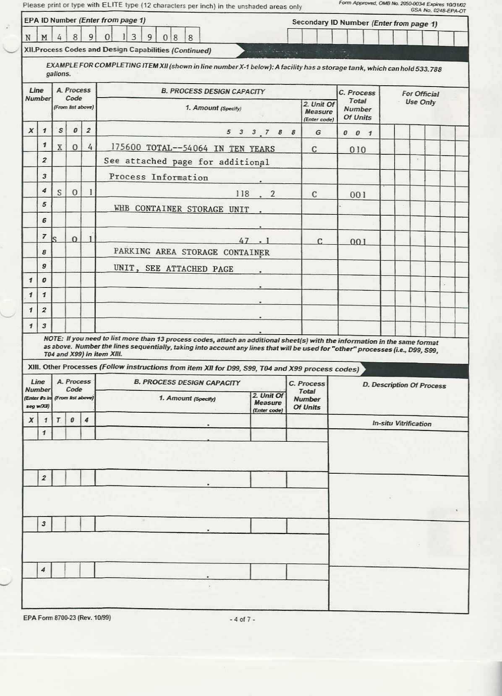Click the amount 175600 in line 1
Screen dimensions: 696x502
(x=126, y=148)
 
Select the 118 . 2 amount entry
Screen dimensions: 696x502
(x=255, y=194)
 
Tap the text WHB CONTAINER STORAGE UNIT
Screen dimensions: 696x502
(x=181, y=209)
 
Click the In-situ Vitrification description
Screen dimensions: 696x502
(x=402, y=423)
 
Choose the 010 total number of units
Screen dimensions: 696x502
(x=358, y=150)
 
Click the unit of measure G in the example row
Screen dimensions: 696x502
(x=318, y=132)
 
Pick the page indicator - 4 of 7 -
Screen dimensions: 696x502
(x=242, y=619)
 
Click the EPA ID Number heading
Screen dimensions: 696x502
(x=50, y=20)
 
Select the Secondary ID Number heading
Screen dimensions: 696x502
(x=330, y=22)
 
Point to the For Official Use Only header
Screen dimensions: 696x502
(x=420, y=98)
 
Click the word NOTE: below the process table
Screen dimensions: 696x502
(x=53, y=338)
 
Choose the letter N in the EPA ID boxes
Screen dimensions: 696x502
(x=28, y=37)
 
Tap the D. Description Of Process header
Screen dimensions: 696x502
(x=404, y=385)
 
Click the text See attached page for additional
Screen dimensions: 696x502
(x=186, y=161)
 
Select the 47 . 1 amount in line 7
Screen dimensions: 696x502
(x=254, y=241)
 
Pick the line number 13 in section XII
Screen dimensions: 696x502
(x=37, y=326)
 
